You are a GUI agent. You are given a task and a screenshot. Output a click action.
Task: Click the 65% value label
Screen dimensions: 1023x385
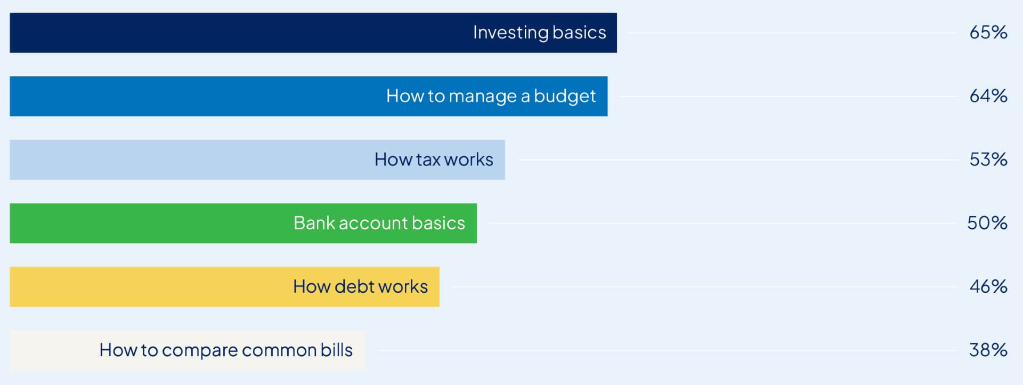[x=988, y=33]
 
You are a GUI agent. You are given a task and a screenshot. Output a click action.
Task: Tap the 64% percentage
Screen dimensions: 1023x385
[x=988, y=96]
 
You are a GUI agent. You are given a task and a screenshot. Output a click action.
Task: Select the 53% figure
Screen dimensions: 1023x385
[x=988, y=159]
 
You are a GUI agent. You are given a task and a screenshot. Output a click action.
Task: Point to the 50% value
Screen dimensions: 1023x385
[x=987, y=223]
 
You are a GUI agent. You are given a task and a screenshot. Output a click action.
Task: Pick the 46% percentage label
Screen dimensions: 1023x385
[x=988, y=287]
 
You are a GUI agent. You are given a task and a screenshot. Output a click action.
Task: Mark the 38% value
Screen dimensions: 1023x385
[x=988, y=350]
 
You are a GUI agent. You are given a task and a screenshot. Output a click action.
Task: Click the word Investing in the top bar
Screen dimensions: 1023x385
[x=510, y=33]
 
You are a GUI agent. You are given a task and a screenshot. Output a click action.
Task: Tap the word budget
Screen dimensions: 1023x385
[x=565, y=97]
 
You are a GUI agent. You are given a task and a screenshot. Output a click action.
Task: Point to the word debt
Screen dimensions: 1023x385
[x=354, y=286]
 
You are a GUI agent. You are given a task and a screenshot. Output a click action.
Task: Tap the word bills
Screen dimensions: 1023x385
[x=336, y=350]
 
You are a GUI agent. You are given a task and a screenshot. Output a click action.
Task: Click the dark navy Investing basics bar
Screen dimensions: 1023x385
[x=313, y=33]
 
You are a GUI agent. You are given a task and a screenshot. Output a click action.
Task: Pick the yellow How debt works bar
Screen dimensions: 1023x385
[x=224, y=287]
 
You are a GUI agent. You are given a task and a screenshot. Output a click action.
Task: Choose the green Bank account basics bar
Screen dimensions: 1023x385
[x=243, y=223]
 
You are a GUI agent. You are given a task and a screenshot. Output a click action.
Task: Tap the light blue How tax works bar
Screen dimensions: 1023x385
[x=257, y=159]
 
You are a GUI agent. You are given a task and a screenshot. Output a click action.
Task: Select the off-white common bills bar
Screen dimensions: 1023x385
[x=187, y=350]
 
